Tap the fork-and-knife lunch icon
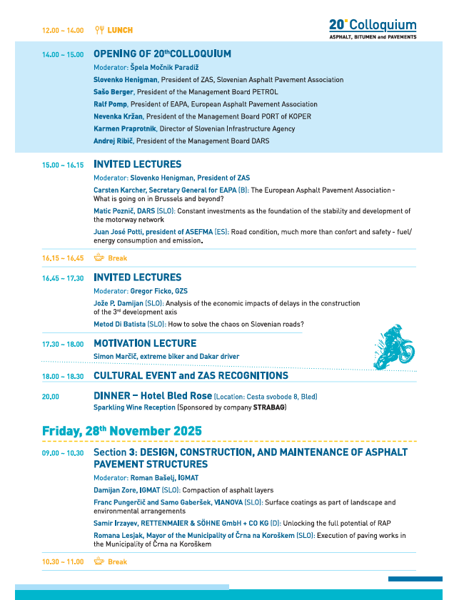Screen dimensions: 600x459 pos(99,31)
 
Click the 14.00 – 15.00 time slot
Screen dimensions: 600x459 pos(63,55)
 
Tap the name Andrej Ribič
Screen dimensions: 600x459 pos(113,141)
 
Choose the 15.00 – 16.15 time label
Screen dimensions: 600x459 pos(63,165)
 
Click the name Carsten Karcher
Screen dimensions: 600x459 pos(121,190)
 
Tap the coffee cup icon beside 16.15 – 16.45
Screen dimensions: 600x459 pos(99,258)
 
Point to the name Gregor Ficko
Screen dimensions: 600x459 pos(151,291)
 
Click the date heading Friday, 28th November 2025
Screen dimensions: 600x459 pos(121,431)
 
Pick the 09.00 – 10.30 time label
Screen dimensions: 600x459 pos(63,453)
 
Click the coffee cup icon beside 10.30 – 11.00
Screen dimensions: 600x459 pos(99,561)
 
